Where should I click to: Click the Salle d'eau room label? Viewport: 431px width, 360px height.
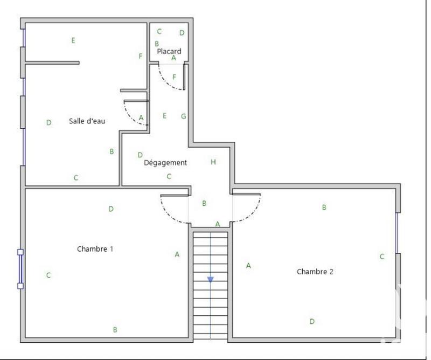(x=87, y=121)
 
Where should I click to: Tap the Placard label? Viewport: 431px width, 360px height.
(x=169, y=51)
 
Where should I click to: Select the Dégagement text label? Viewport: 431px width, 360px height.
(x=165, y=162)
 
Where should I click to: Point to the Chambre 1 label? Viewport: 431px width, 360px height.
(x=95, y=249)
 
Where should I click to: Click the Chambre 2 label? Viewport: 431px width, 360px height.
(x=315, y=272)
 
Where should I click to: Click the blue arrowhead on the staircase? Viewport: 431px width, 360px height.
(x=210, y=279)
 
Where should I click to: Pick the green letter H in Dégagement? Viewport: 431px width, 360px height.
(x=213, y=162)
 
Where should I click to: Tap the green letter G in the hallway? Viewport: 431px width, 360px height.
(x=184, y=116)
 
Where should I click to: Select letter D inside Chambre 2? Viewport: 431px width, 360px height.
(x=312, y=321)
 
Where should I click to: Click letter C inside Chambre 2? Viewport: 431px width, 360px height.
(x=382, y=257)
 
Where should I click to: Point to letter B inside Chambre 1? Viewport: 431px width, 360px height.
(x=115, y=329)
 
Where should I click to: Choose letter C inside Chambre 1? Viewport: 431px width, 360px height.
(x=48, y=275)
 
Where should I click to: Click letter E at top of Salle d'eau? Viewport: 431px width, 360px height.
(x=73, y=40)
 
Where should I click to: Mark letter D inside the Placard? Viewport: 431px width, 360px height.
(x=182, y=33)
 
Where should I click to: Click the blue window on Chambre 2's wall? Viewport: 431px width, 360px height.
(x=397, y=233)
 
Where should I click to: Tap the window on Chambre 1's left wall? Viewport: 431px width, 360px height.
(x=20, y=268)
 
